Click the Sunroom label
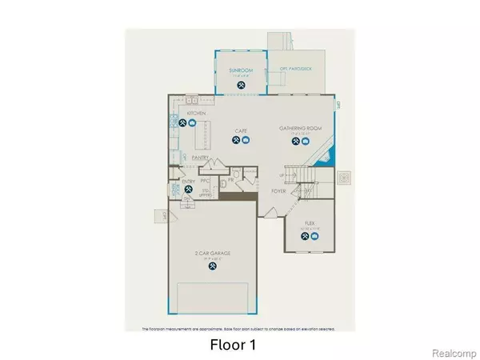point(241,70)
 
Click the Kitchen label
point(196,114)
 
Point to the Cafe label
point(240,130)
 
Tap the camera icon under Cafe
point(246,140)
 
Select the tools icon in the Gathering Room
point(295,141)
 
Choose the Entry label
point(189,182)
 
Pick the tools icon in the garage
point(212,268)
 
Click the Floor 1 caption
point(233,346)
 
